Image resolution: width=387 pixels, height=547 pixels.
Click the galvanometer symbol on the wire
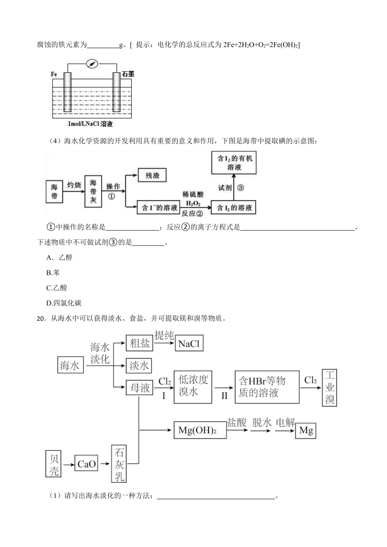92,64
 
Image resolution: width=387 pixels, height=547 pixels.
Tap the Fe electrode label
54,74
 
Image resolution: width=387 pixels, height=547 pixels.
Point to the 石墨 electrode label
128,74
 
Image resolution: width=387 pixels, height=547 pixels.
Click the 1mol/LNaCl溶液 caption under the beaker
90,124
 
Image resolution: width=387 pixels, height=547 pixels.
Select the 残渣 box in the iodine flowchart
152,175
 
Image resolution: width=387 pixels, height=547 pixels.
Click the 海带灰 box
93,191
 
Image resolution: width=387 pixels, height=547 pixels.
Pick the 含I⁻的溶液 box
158,207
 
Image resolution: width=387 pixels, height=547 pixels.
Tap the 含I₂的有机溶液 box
234,163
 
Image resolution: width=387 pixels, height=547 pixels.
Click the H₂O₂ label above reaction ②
193,203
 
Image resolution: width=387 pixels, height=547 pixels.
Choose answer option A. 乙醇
59,257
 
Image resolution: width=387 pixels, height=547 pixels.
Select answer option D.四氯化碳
64,303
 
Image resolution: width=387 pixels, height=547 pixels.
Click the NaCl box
189,344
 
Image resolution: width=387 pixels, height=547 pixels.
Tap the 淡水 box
139,366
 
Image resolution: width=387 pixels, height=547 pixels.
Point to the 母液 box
139,388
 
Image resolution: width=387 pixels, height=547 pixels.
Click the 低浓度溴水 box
193,387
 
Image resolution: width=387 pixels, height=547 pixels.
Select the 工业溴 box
329,388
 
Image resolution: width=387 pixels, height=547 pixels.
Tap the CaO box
86,464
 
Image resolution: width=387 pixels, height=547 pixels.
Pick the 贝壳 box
53,464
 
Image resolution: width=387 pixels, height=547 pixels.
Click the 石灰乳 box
119,464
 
